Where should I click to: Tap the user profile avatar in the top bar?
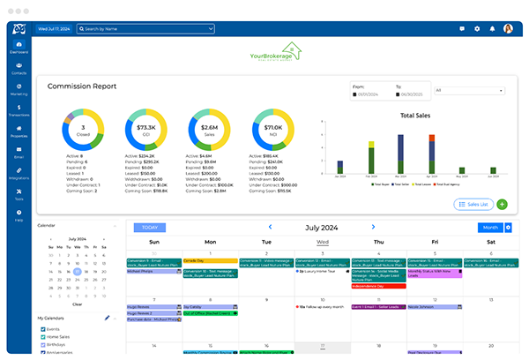508,28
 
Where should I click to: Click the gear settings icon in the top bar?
477,28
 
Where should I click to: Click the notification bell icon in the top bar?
492,28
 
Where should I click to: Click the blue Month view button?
489,228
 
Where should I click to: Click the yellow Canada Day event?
211,260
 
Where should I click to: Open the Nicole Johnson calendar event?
436,306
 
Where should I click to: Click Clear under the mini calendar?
78,304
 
